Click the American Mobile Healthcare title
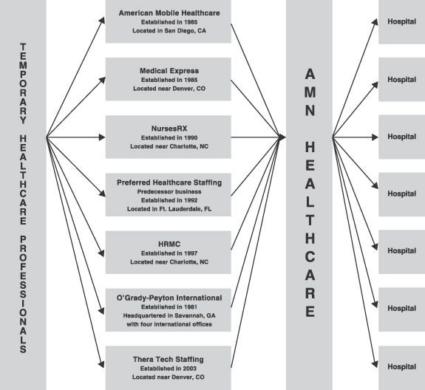pyautogui.click(x=169, y=13)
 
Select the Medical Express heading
pyautogui.click(x=169, y=71)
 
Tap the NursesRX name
pyautogui.click(x=169, y=129)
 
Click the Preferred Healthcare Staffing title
pyautogui.click(x=169, y=183)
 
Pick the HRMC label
pyautogui.click(x=169, y=244)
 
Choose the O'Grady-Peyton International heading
pyautogui.click(x=169, y=298)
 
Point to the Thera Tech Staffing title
pyautogui.click(x=168, y=360)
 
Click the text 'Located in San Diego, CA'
pyautogui.click(x=169, y=31)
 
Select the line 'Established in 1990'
pyautogui.click(x=169, y=138)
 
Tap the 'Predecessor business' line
pyautogui.click(x=169, y=192)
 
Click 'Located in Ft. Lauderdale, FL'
pyautogui.click(x=169, y=209)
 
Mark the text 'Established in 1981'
pyautogui.click(x=169, y=307)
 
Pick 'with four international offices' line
pyautogui.click(x=169, y=324)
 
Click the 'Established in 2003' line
pyautogui.click(x=168, y=369)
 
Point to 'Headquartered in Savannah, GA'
pyautogui.click(x=169, y=316)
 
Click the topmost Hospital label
pyautogui.click(x=401, y=21)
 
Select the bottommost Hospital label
pyautogui.click(x=401, y=367)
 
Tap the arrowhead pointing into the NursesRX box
pyautogui.click(x=102, y=137)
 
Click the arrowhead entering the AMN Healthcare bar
pyautogui.click(x=282, y=137)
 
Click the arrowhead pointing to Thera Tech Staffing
pyautogui.click(x=101, y=364)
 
